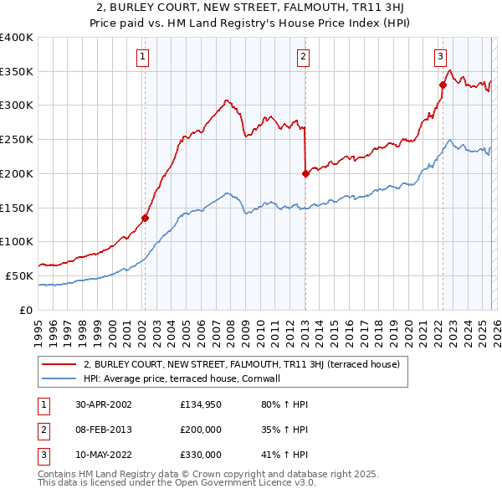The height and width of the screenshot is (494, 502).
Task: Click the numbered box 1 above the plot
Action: pos(144,57)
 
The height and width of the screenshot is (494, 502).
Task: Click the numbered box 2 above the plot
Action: pos(303,57)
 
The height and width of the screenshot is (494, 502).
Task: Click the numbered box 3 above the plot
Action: pos(440,57)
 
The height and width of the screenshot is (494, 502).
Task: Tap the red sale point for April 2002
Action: pos(145,218)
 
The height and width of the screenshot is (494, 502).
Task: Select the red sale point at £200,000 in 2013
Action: pos(305,173)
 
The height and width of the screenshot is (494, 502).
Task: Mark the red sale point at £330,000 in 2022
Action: pos(443,85)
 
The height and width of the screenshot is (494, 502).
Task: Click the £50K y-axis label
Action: pos(19,275)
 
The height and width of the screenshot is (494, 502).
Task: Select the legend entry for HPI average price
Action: pos(187,378)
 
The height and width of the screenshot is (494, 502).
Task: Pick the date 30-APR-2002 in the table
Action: pos(96,404)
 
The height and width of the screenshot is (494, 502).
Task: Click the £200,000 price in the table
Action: pos(201,430)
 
